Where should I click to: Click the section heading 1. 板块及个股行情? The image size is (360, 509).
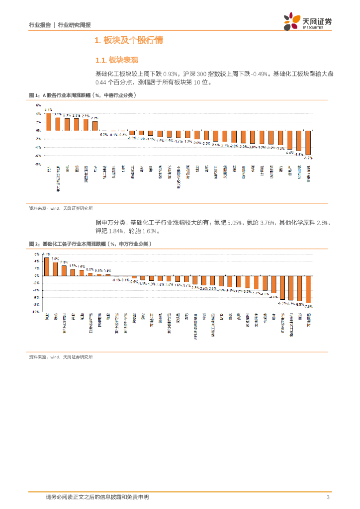[x=129, y=40]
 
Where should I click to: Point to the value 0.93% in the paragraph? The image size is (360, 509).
[x=170, y=74]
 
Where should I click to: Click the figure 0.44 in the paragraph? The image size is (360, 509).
[x=101, y=82]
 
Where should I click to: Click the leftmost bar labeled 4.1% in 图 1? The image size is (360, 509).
[x=49, y=122]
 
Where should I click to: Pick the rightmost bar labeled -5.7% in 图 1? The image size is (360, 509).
[x=308, y=143]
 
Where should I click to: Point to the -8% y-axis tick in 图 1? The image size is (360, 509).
[x=37, y=164]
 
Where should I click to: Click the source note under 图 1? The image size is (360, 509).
[x=61, y=209]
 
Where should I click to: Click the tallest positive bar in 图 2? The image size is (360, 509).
[x=47, y=266]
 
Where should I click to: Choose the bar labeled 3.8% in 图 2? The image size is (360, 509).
[x=55, y=269]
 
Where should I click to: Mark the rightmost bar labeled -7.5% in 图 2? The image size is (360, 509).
[x=308, y=289]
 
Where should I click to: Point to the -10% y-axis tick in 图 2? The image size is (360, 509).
[x=36, y=312]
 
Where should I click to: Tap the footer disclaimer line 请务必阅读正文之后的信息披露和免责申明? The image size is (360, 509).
[x=97, y=497]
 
